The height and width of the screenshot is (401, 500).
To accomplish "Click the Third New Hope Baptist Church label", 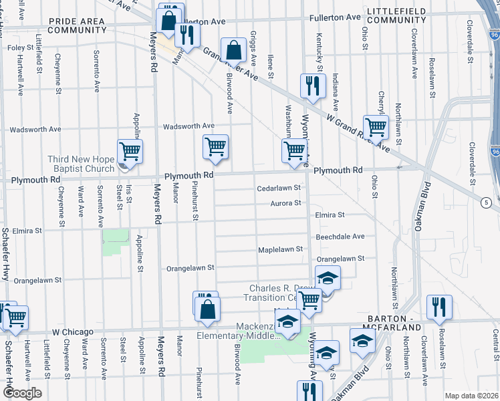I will coord(80,164).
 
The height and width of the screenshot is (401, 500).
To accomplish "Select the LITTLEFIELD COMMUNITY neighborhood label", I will coord(397,17).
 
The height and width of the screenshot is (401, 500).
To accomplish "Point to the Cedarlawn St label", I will coord(279,188).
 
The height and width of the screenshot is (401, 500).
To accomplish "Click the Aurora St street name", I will coord(286,203).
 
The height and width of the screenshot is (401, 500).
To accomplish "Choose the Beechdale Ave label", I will coord(340,237).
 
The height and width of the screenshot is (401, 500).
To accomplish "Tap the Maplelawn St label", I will coord(281,250).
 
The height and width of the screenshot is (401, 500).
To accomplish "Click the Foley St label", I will coord(19,48).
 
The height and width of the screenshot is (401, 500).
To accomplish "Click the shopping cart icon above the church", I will coord(130,151).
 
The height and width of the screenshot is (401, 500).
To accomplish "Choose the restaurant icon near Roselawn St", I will coord(439,307).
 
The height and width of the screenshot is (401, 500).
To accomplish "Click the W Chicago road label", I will coord(73,331).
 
